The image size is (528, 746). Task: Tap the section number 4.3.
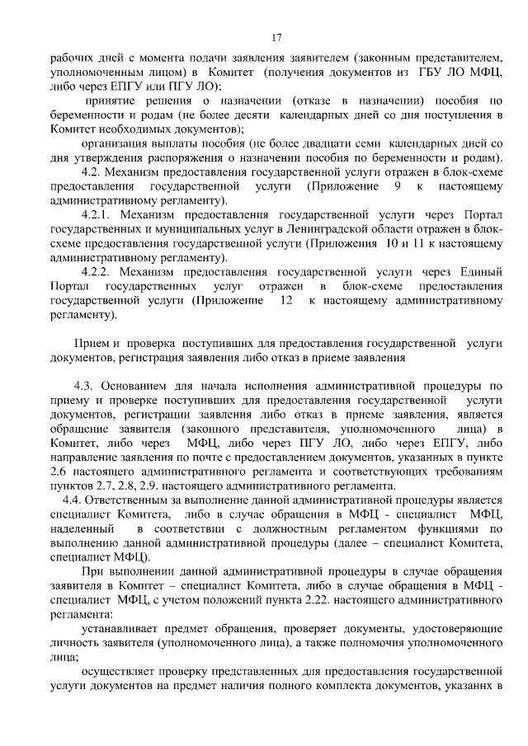pyautogui.click(x=86, y=386)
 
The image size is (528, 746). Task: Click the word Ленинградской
pyautogui.click(x=357, y=229)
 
